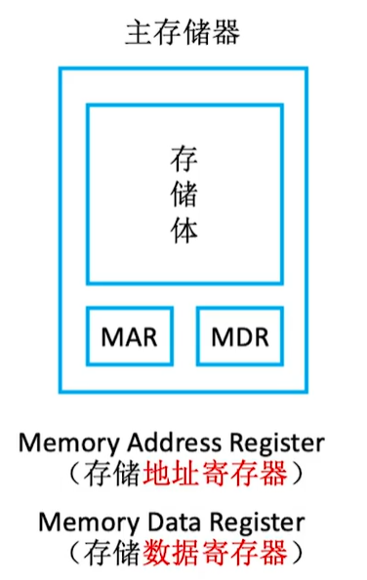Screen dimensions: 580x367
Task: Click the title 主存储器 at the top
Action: point(183,32)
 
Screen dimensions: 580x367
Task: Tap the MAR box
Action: point(129,337)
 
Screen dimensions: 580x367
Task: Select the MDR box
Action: point(239,337)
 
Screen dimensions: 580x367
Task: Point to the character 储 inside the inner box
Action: point(183,194)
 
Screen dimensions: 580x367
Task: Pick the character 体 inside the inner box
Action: point(183,232)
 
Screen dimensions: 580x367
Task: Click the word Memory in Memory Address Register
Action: point(61,444)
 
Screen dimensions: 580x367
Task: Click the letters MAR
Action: point(129,337)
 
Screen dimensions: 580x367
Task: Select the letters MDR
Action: point(239,337)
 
